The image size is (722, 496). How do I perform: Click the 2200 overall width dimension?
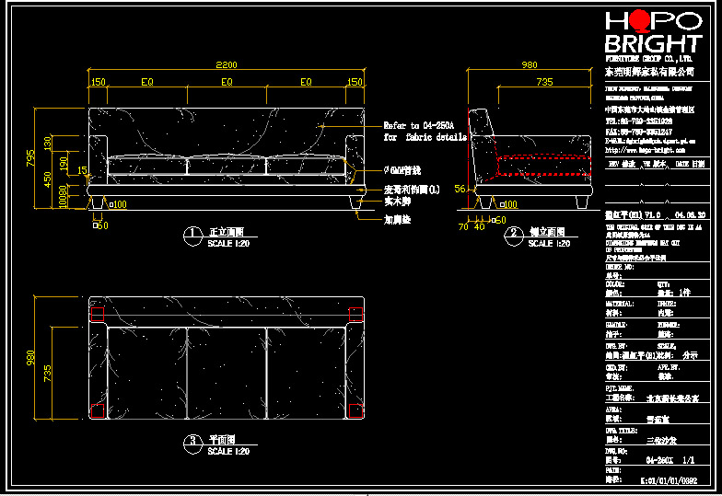click(x=226, y=64)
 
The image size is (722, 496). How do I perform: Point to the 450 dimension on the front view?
click(x=49, y=178)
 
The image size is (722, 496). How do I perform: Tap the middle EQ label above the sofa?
click(x=226, y=82)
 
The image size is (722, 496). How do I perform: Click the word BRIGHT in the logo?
click(x=653, y=44)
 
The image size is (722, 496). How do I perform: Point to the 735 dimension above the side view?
click(x=544, y=82)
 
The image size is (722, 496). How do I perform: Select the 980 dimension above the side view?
click(x=530, y=65)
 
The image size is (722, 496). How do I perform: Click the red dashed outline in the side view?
click(x=543, y=167)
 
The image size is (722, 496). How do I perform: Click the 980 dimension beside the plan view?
click(x=32, y=357)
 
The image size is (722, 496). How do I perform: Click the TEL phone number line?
click(x=638, y=121)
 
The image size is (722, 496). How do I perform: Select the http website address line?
click(x=645, y=149)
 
